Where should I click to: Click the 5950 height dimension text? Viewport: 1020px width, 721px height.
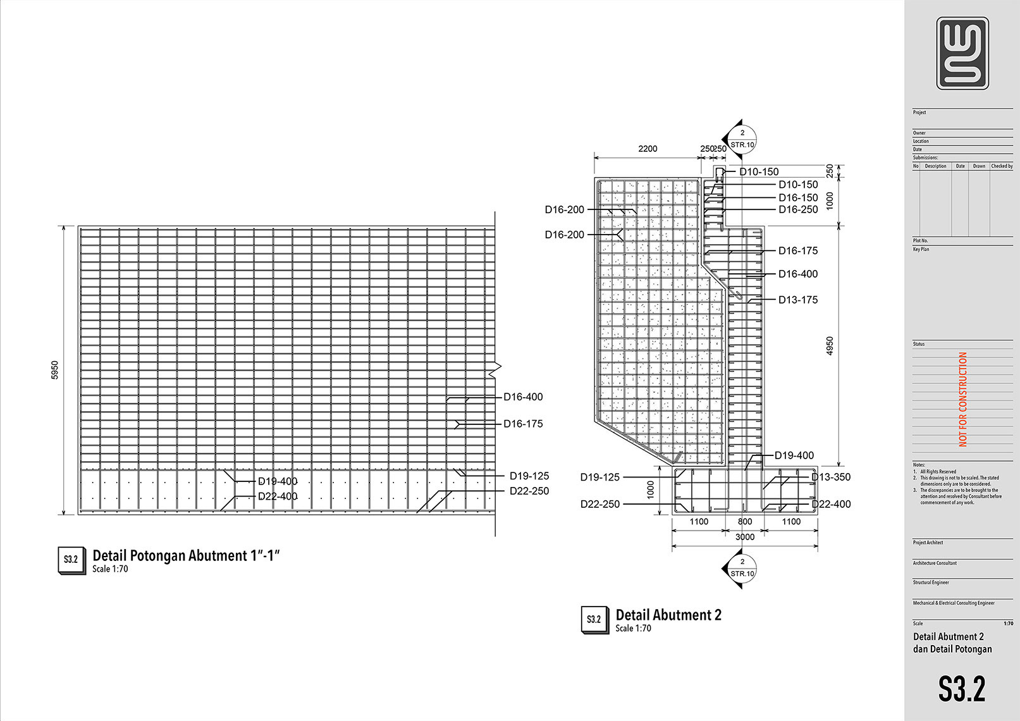(x=55, y=370)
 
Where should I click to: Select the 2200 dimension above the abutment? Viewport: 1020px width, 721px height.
(x=648, y=149)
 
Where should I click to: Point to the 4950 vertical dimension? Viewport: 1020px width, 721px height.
(x=830, y=345)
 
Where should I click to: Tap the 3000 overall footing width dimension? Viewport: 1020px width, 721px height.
(x=745, y=537)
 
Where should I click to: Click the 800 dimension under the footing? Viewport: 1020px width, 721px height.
(x=745, y=522)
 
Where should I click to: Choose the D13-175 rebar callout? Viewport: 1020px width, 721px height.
(x=798, y=300)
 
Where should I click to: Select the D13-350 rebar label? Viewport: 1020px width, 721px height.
(x=832, y=477)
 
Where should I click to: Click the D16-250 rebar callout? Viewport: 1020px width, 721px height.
(x=798, y=209)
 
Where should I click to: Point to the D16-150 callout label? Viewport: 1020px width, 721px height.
(x=798, y=197)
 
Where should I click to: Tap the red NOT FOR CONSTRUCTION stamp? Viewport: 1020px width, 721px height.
(x=963, y=399)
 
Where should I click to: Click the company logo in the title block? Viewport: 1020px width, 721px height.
(x=962, y=53)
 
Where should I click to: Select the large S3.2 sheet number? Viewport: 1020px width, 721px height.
(x=962, y=689)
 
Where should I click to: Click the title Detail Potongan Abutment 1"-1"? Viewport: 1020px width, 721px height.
(x=186, y=556)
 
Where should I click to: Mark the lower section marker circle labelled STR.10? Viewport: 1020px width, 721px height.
(x=742, y=568)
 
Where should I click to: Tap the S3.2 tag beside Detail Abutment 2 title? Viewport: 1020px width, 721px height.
(x=594, y=620)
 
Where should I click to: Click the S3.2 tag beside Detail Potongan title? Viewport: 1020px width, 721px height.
(x=71, y=560)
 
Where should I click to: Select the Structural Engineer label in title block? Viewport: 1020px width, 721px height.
(x=931, y=582)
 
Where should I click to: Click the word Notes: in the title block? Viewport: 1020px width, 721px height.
(x=919, y=465)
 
